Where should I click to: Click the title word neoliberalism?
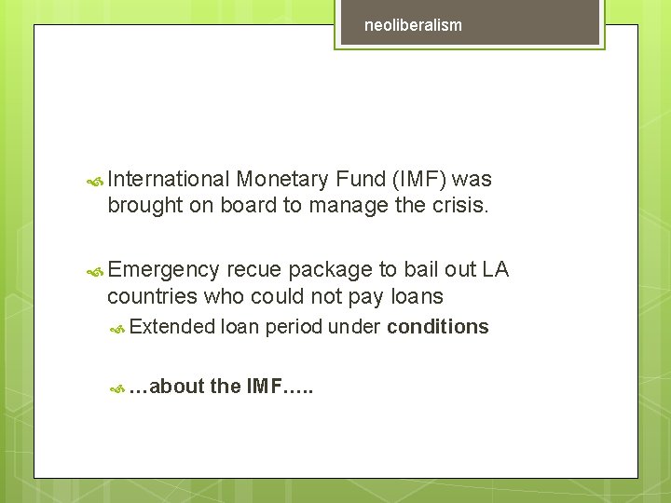pos(413,25)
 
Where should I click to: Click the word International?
pos(168,179)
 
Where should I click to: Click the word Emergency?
pos(164,270)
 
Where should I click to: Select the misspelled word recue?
pos(254,270)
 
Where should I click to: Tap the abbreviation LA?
pos(495,270)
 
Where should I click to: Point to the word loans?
pos(417,297)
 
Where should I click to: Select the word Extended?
pos(172,327)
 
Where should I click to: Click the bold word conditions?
pos(438,327)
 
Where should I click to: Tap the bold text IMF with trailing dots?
pos(281,387)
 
